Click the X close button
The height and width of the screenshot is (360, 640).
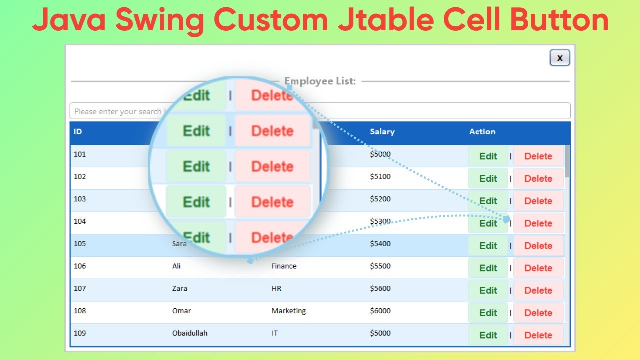[x=560, y=58]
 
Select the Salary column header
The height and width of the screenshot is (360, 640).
[x=382, y=132]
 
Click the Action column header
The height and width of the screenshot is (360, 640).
[x=482, y=132]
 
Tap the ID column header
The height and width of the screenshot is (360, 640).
[x=78, y=132]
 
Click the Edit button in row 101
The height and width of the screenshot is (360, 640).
[x=488, y=156]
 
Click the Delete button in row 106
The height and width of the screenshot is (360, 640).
[x=538, y=268]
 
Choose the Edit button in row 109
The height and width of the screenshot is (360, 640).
[x=488, y=335]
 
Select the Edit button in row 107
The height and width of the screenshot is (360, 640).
[x=488, y=290]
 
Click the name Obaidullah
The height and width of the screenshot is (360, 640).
[x=190, y=333]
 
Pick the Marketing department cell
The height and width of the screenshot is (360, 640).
[x=288, y=311]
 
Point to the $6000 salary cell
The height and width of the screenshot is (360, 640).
[x=380, y=311]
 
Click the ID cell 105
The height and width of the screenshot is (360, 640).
[x=80, y=244]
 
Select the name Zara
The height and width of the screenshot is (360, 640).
[x=180, y=288]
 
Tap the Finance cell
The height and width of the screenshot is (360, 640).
[x=284, y=266]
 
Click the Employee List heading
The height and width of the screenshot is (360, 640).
[x=320, y=81]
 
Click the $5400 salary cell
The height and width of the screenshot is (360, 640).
[x=380, y=244]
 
